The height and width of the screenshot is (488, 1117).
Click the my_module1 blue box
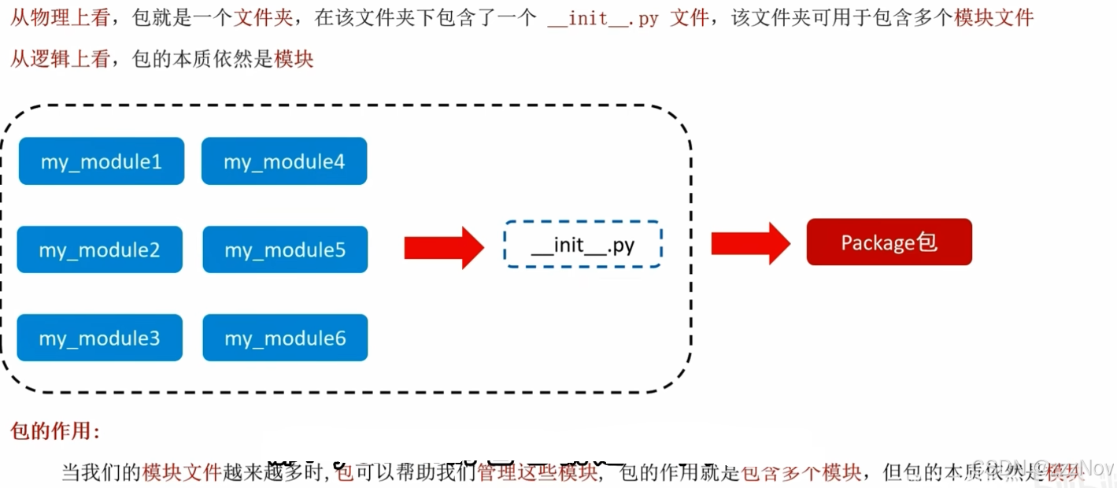pos(102,161)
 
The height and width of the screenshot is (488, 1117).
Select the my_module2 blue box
pos(100,250)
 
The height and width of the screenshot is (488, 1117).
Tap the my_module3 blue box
pos(100,338)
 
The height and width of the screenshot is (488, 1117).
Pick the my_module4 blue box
pos(284,161)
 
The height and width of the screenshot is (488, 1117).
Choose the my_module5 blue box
pos(285,250)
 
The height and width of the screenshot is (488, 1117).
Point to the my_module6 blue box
pos(285,338)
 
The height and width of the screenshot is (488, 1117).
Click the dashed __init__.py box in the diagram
pos(583,245)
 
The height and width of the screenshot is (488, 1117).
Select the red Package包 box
pos(889,242)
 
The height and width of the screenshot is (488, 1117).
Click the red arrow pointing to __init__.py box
pos(443,247)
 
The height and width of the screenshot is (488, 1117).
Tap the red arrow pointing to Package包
pos(750,243)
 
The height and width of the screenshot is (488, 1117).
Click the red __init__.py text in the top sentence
pos(603,18)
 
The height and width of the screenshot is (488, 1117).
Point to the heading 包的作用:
pos(55,431)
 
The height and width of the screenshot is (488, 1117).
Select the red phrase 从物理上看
pos(60,18)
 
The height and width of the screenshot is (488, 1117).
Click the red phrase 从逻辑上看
pos(60,59)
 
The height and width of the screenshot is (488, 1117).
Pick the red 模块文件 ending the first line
pos(993,18)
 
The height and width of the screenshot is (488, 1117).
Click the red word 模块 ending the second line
pos(294,59)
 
